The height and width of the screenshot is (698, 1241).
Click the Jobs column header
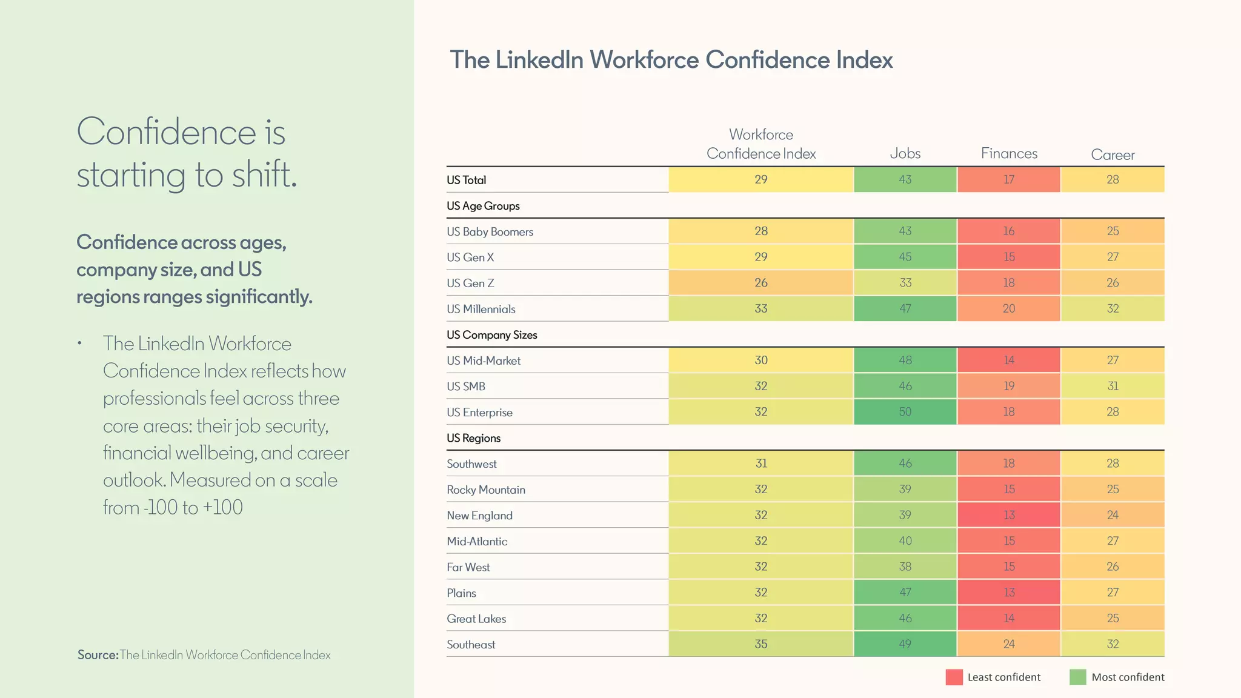(x=905, y=153)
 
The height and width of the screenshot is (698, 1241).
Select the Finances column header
(x=1009, y=153)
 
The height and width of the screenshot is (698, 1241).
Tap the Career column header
(x=1113, y=155)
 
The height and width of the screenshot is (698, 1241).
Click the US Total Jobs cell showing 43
(x=905, y=179)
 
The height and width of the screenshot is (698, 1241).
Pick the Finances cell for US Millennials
(x=1009, y=308)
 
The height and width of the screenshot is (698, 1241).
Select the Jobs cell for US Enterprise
(x=905, y=411)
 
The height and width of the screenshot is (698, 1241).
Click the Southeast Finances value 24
(x=1009, y=644)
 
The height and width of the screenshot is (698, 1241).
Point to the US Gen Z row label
(x=470, y=283)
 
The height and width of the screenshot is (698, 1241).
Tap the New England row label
(x=479, y=516)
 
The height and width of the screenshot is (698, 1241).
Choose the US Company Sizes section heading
(x=491, y=335)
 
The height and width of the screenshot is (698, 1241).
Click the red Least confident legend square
(x=954, y=677)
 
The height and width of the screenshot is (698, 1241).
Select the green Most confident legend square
(x=1077, y=677)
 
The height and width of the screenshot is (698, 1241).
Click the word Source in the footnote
(x=97, y=655)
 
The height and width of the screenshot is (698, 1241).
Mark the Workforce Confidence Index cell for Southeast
(x=761, y=644)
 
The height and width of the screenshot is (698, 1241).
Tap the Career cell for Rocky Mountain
(x=1113, y=489)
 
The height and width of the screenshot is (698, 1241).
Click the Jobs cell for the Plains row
(x=905, y=592)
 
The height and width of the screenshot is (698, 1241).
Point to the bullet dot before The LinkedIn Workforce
(x=79, y=344)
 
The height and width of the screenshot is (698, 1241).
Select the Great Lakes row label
(x=476, y=619)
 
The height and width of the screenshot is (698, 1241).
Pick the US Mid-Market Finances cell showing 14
(x=1009, y=360)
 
